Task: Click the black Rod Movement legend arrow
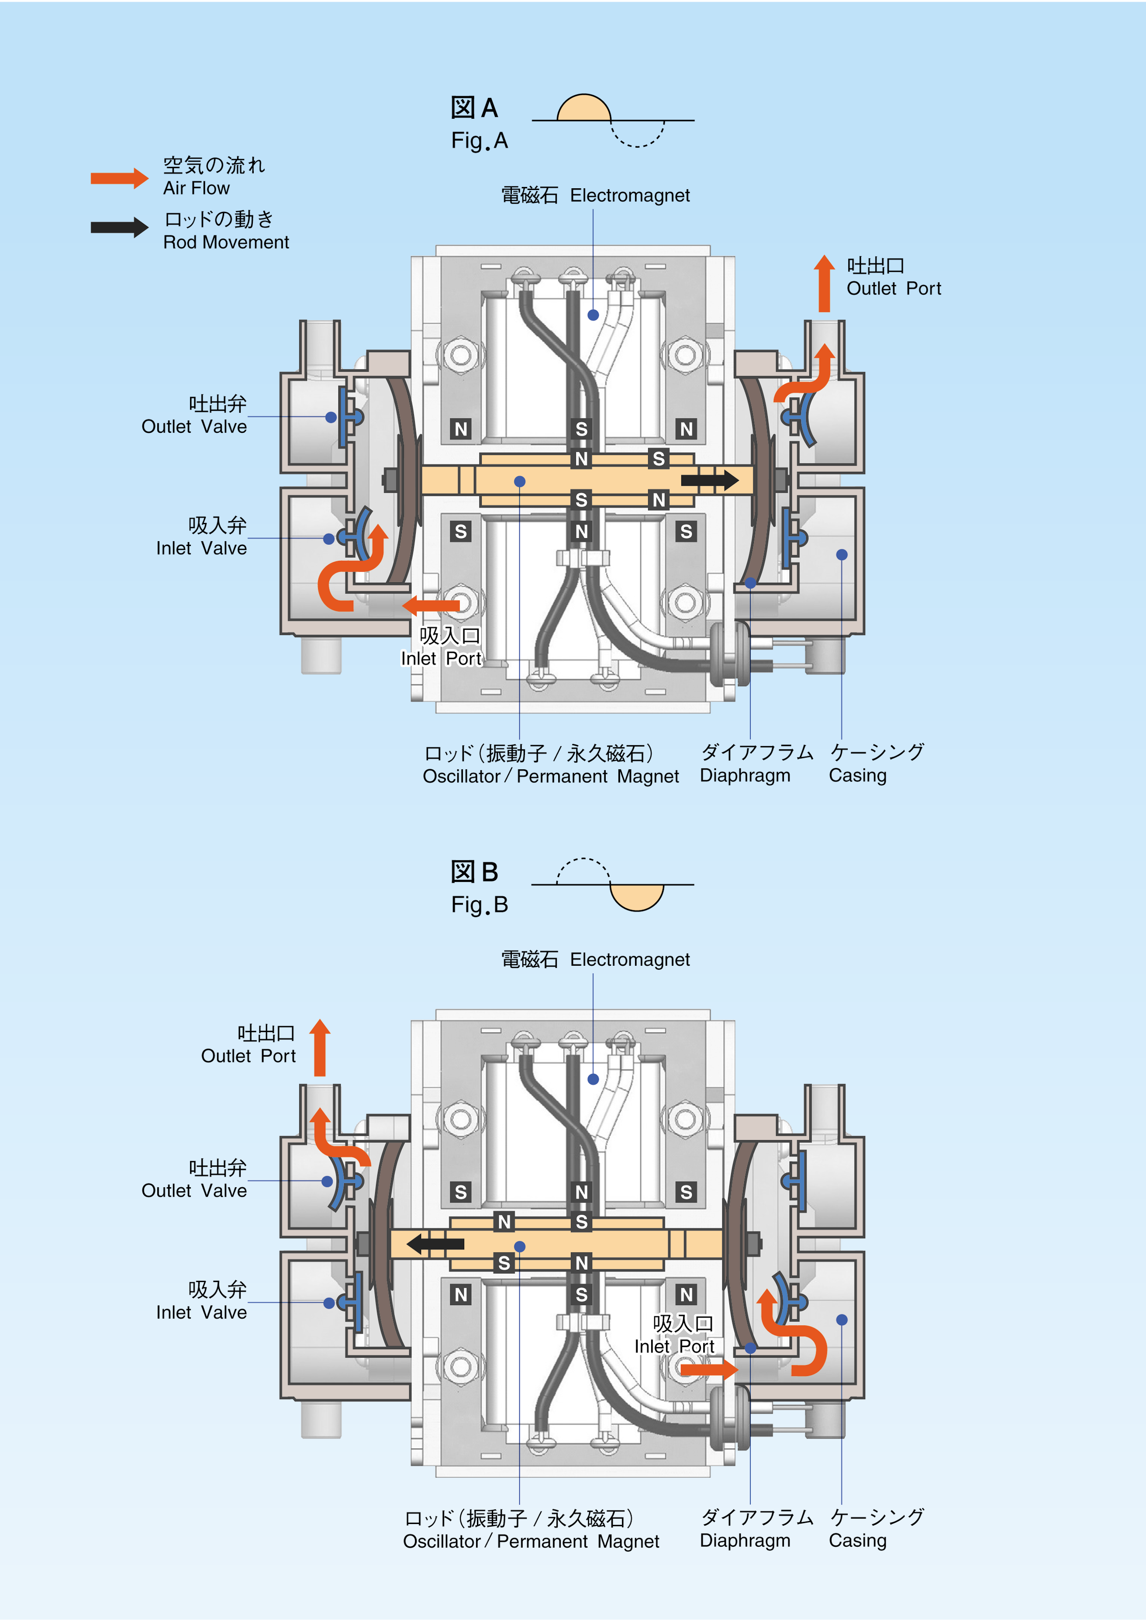pos(119,227)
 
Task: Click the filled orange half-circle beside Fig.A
pos(584,108)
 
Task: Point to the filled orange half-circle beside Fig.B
pos(636,897)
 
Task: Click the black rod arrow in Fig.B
pos(436,1244)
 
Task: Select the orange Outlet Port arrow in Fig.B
pos(320,1048)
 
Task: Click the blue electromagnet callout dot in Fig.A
pos(593,315)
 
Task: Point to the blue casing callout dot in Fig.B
pos(842,1320)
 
